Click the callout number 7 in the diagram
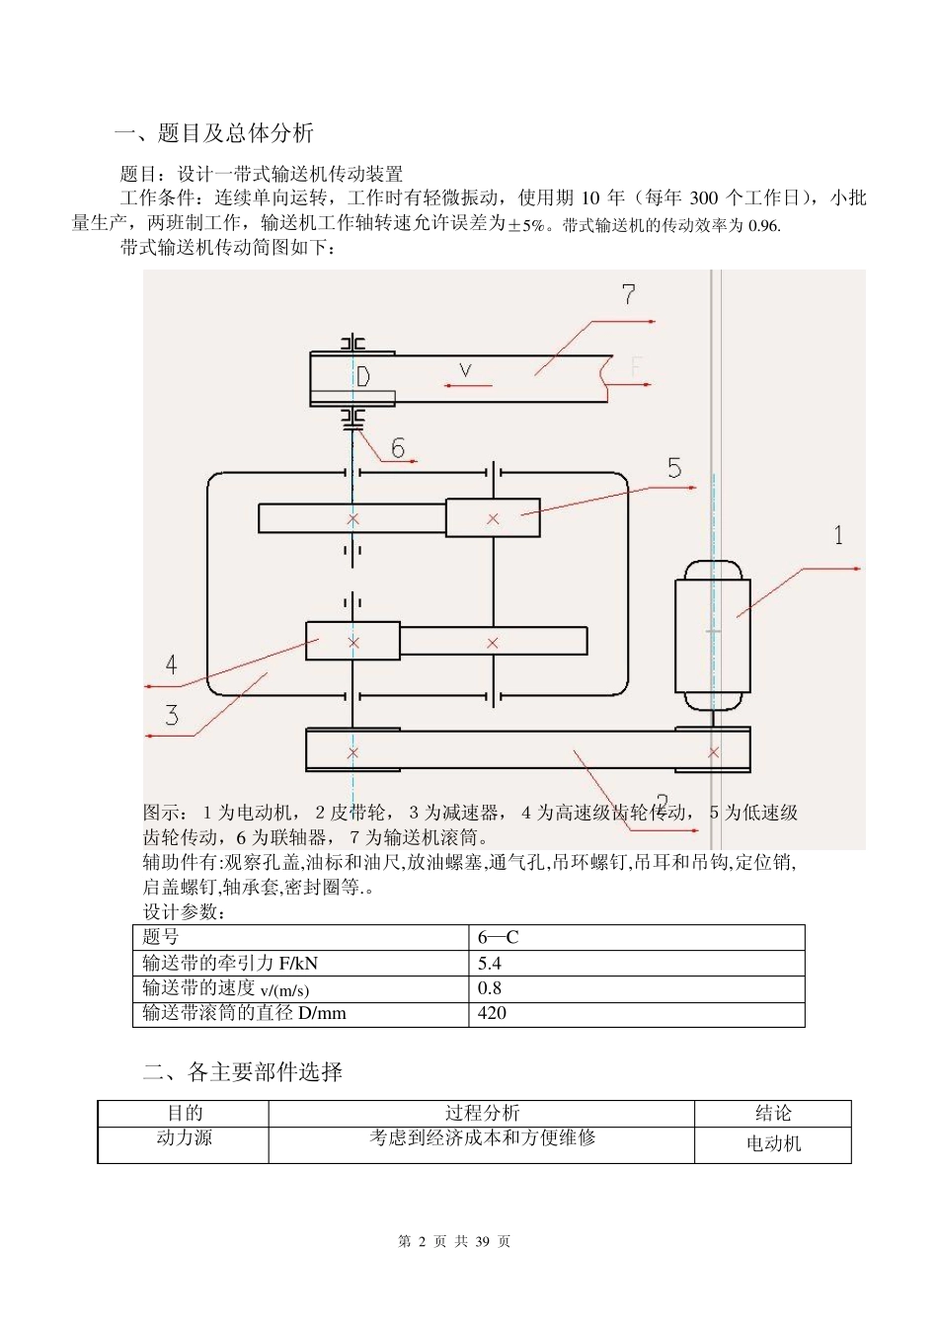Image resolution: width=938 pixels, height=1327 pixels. (x=628, y=294)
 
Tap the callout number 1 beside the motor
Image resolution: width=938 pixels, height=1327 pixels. (x=838, y=536)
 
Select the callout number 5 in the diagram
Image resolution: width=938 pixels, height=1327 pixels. (x=674, y=468)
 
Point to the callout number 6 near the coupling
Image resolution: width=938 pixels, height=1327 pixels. (x=398, y=448)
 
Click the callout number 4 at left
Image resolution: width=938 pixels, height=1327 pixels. (x=171, y=664)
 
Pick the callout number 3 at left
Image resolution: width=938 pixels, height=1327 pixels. (x=172, y=715)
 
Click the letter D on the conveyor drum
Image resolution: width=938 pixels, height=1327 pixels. (x=362, y=376)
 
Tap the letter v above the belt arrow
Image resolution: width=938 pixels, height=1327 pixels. (x=466, y=370)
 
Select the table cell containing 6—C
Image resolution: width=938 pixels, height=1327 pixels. (x=636, y=938)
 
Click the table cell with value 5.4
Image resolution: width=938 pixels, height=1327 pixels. (x=636, y=964)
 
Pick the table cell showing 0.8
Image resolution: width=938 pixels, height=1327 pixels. (x=636, y=988)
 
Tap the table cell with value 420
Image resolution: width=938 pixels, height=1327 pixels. (x=636, y=1014)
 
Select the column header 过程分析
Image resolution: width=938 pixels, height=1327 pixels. (x=482, y=1114)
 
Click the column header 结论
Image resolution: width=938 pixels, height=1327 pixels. (x=773, y=1114)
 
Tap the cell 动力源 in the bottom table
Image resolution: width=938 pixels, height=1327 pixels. (x=184, y=1138)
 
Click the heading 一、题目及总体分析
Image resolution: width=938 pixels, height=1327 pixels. (x=214, y=133)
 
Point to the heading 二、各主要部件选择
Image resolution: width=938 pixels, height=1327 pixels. (x=243, y=1072)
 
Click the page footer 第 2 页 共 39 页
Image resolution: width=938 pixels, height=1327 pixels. (x=454, y=1242)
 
